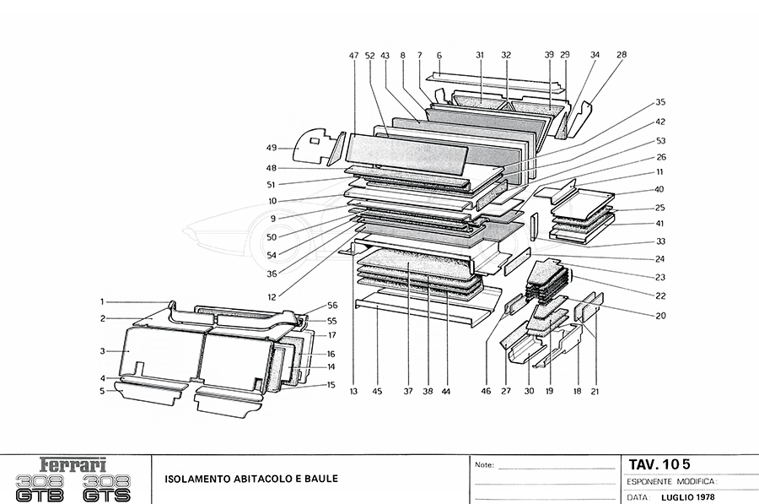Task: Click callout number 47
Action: pos(353,56)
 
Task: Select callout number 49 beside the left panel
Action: pos(272,147)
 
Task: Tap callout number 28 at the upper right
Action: pos(622,56)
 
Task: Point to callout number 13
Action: pos(354,391)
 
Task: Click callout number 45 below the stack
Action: pos(377,391)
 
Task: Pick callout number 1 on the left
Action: pos(102,301)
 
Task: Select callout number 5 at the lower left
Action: pos(102,392)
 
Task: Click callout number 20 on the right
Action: pos(660,316)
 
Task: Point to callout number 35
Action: pos(660,102)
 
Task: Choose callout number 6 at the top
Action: pos(439,56)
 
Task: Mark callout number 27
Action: pos(505,391)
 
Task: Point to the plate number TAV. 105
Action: pos(659,463)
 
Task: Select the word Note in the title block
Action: pos(484,464)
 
